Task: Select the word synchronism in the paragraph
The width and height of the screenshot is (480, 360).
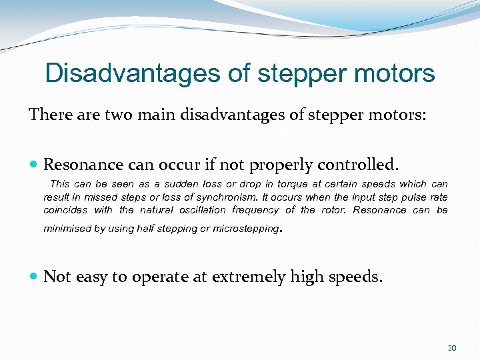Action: [x=231, y=197]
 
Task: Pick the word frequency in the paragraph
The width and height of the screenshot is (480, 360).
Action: [x=255, y=210]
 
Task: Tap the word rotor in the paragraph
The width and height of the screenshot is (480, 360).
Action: [x=331, y=210]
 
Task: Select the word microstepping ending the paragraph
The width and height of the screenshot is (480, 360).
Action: [x=249, y=229]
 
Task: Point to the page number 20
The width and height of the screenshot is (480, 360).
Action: [x=452, y=348]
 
